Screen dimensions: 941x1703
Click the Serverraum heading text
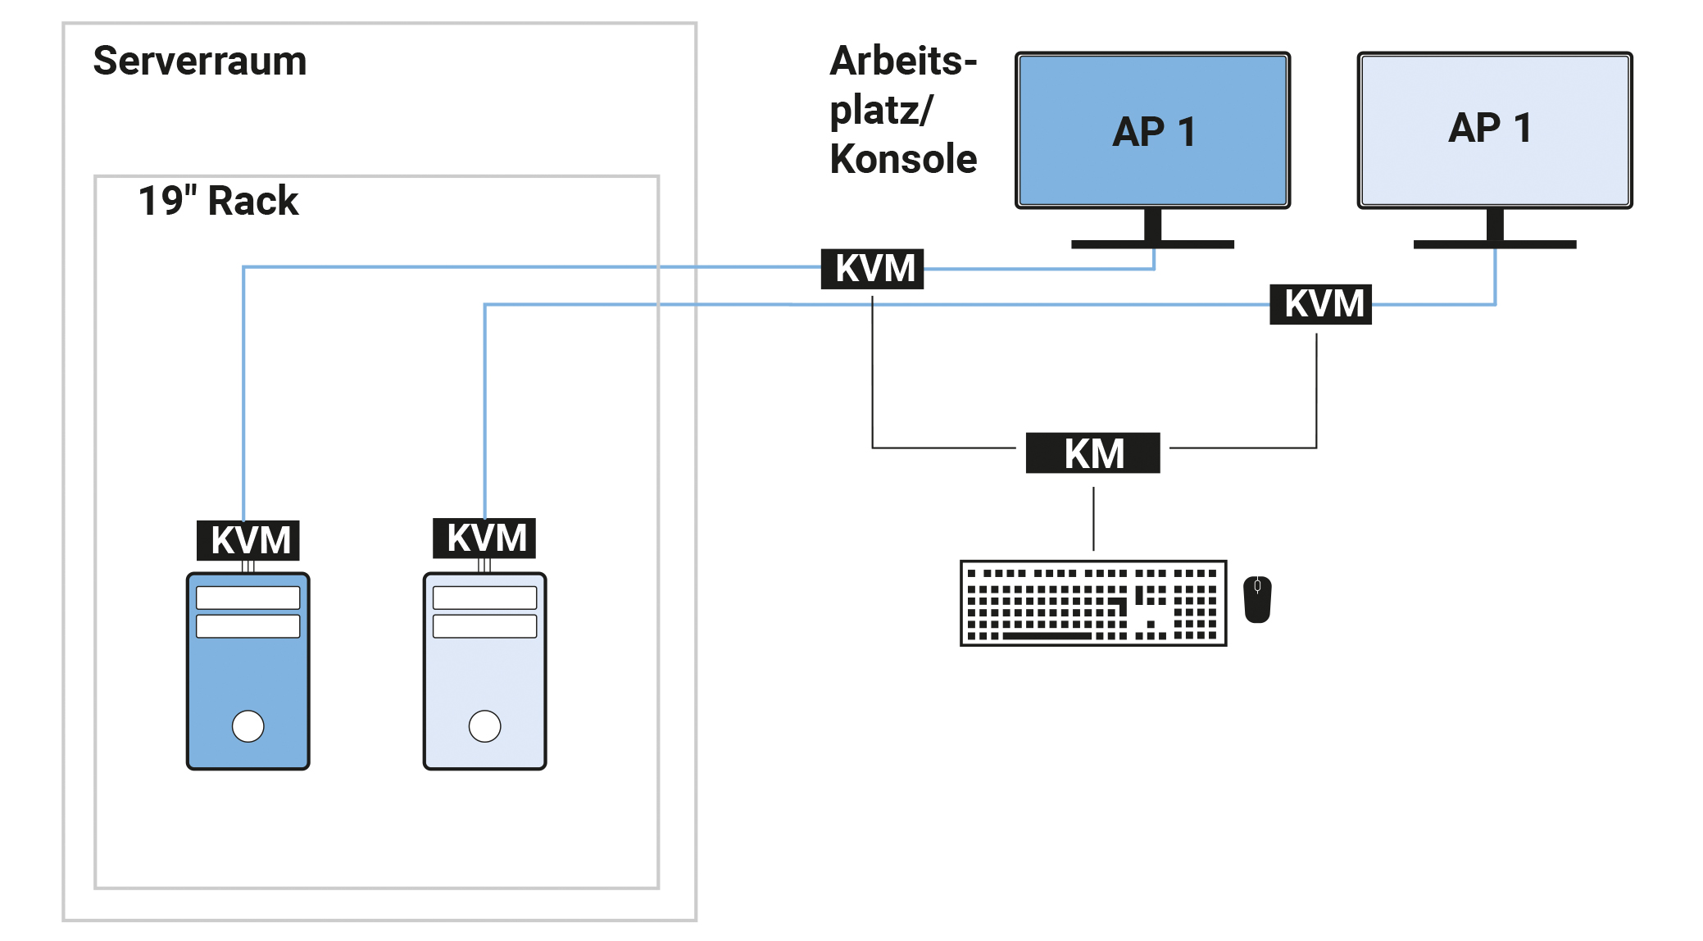pyautogui.click(x=200, y=61)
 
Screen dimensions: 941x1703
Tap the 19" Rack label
pyautogui.click(x=218, y=201)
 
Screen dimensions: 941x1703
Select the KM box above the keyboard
pyautogui.click(x=1092, y=453)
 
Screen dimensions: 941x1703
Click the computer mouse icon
pyautogui.click(x=1257, y=599)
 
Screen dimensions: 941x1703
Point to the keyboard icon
pyautogui.click(x=1092, y=603)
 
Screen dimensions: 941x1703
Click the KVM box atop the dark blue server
pyautogui.click(x=248, y=540)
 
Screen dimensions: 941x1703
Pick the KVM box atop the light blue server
pyautogui.click(x=484, y=539)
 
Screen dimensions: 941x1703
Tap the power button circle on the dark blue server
pyautogui.click(x=248, y=725)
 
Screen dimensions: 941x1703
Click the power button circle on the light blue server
pyautogui.click(x=484, y=725)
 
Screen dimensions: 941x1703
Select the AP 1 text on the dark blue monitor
pyautogui.click(x=1153, y=132)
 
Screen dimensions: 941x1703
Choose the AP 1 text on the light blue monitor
pyautogui.click(x=1490, y=128)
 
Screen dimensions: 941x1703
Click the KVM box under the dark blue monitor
pyautogui.click(x=872, y=269)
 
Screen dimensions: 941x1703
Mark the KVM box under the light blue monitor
pyautogui.click(x=1320, y=304)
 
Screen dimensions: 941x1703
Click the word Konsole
pyautogui.click(x=903, y=159)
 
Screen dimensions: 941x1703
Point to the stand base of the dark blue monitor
pyautogui.click(x=1152, y=244)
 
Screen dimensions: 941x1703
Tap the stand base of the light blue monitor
pyautogui.click(x=1494, y=244)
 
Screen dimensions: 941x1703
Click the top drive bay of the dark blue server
pyautogui.click(x=248, y=598)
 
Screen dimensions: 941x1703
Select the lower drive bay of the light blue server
pyautogui.click(x=484, y=626)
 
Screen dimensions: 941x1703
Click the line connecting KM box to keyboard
pyautogui.click(x=1093, y=518)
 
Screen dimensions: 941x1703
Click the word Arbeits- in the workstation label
pyautogui.click(x=903, y=61)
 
